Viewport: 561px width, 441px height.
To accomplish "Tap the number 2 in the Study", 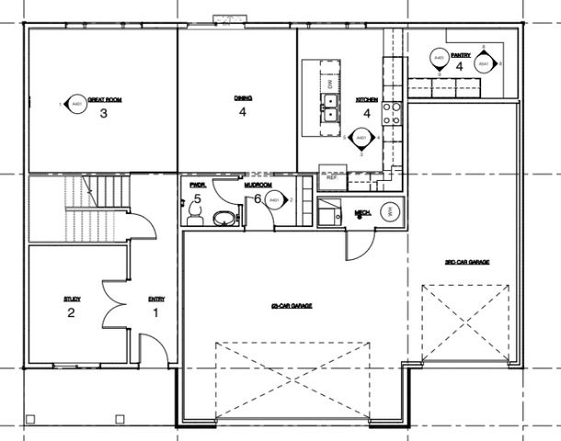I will tap(71, 312).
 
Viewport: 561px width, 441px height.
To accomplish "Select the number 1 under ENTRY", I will tap(155, 312).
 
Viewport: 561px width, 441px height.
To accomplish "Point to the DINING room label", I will tap(243, 97).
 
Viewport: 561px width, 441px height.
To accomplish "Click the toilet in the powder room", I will tap(193, 213).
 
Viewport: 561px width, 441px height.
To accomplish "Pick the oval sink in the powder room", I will tap(223, 218).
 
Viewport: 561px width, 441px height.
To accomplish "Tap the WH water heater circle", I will tap(389, 210).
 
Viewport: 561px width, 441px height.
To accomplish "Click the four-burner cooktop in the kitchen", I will tap(392, 111).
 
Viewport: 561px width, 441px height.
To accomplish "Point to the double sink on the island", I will tap(328, 107).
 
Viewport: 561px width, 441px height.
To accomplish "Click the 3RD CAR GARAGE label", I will tap(466, 263).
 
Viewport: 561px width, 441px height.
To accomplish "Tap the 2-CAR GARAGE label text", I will tap(288, 305).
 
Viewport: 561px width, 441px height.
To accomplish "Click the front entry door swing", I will tap(148, 349).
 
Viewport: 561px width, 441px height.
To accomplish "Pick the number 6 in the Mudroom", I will tap(258, 198).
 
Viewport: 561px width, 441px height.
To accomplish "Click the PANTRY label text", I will tap(461, 55).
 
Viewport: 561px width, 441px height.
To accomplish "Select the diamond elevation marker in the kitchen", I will tap(361, 139).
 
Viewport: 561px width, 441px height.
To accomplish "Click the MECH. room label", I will tap(362, 213).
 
